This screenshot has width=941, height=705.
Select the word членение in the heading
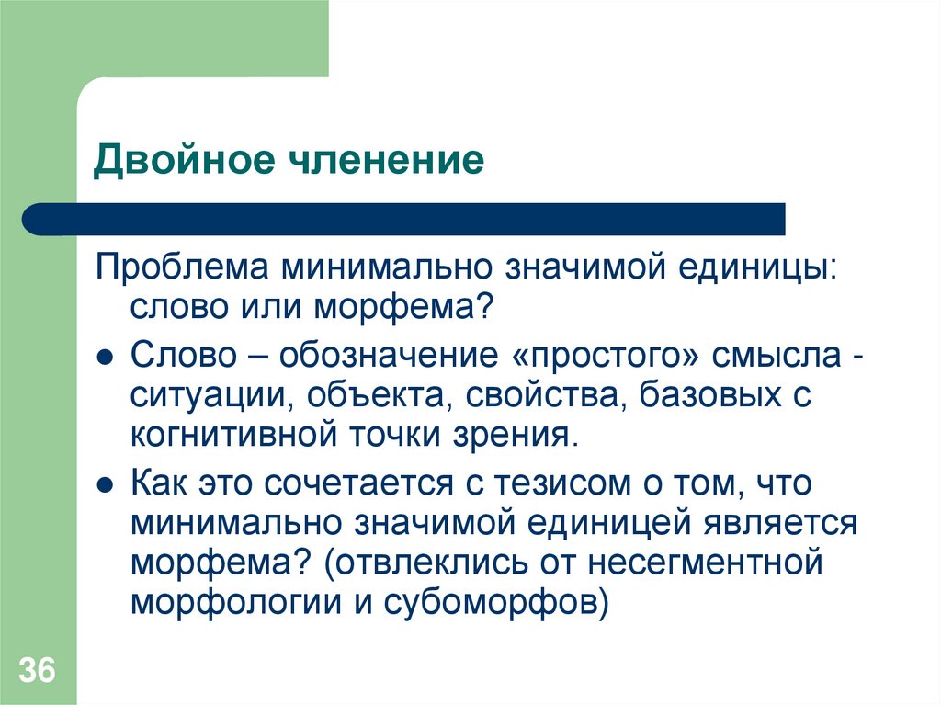[384, 160]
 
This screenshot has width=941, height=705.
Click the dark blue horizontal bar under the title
[404, 220]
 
